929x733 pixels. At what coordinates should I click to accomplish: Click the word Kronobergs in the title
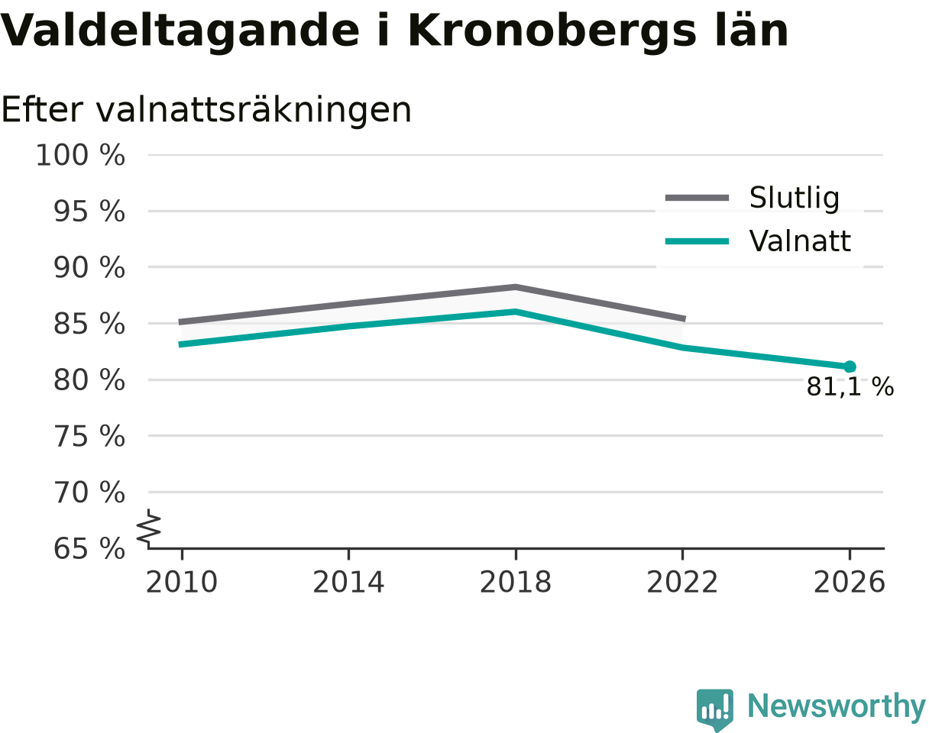[x=552, y=31]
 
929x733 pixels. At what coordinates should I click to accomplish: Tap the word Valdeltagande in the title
[x=180, y=31]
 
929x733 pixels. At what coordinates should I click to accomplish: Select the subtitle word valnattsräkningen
[x=254, y=111]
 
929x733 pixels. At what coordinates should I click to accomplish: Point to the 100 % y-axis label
[x=80, y=155]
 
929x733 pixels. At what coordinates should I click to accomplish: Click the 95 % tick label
[x=89, y=212]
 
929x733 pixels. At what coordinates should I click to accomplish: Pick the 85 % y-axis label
[x=89, y=324]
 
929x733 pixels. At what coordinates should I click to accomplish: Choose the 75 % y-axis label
[x=89, y=437]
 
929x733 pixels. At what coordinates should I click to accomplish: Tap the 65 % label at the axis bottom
[x=89, y=549]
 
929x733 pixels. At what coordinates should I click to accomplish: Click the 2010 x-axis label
[x=182, y=583]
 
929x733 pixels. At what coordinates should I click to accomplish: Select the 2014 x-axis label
[x=349, y=583]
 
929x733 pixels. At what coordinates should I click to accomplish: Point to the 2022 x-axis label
[x=682, y=583]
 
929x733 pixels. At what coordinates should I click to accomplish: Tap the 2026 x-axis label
[x=849, y=583]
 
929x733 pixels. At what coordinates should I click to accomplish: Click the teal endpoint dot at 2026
[x=850, y=367]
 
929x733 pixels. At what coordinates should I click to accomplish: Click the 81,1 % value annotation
[x=850, y=386]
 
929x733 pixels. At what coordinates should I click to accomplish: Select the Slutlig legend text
[x=795, y=199]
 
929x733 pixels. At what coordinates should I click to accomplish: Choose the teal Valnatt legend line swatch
[x=698, y=241]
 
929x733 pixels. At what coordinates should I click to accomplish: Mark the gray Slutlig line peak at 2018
[x=516, y=287]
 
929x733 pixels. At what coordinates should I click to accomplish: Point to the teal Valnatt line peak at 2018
[x=516, y=312]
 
